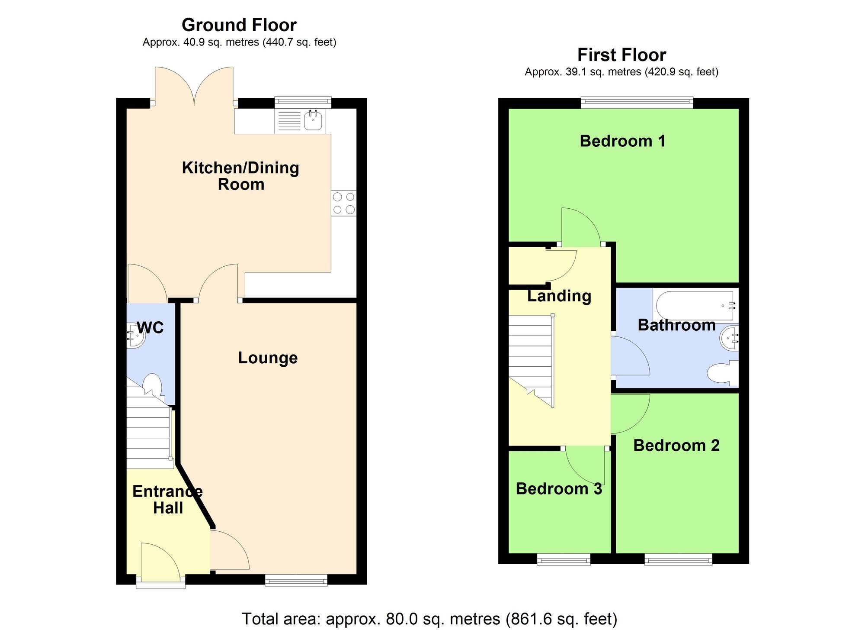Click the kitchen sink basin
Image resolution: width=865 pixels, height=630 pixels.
point(313,120)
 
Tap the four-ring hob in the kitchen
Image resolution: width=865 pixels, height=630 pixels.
point(344,204)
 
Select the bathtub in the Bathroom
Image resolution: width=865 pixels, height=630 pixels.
point(695,305)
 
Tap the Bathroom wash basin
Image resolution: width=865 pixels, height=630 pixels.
point(730,338)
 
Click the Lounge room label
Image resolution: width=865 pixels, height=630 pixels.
point(268,358)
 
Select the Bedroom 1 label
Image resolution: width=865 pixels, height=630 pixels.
point(622,141)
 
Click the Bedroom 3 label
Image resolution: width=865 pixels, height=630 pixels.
point(559,489)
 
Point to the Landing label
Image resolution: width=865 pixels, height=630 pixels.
point(559,296)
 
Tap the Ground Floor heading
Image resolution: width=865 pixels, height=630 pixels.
point(239,25)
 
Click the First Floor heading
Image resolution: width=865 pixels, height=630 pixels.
point(622,55)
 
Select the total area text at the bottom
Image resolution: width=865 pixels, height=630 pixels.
point(429,619)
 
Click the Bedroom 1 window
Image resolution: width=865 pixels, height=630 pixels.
point(637,103)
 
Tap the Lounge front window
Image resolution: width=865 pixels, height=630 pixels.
point(296,580)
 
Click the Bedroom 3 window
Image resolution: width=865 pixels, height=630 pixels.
point(564,559)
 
